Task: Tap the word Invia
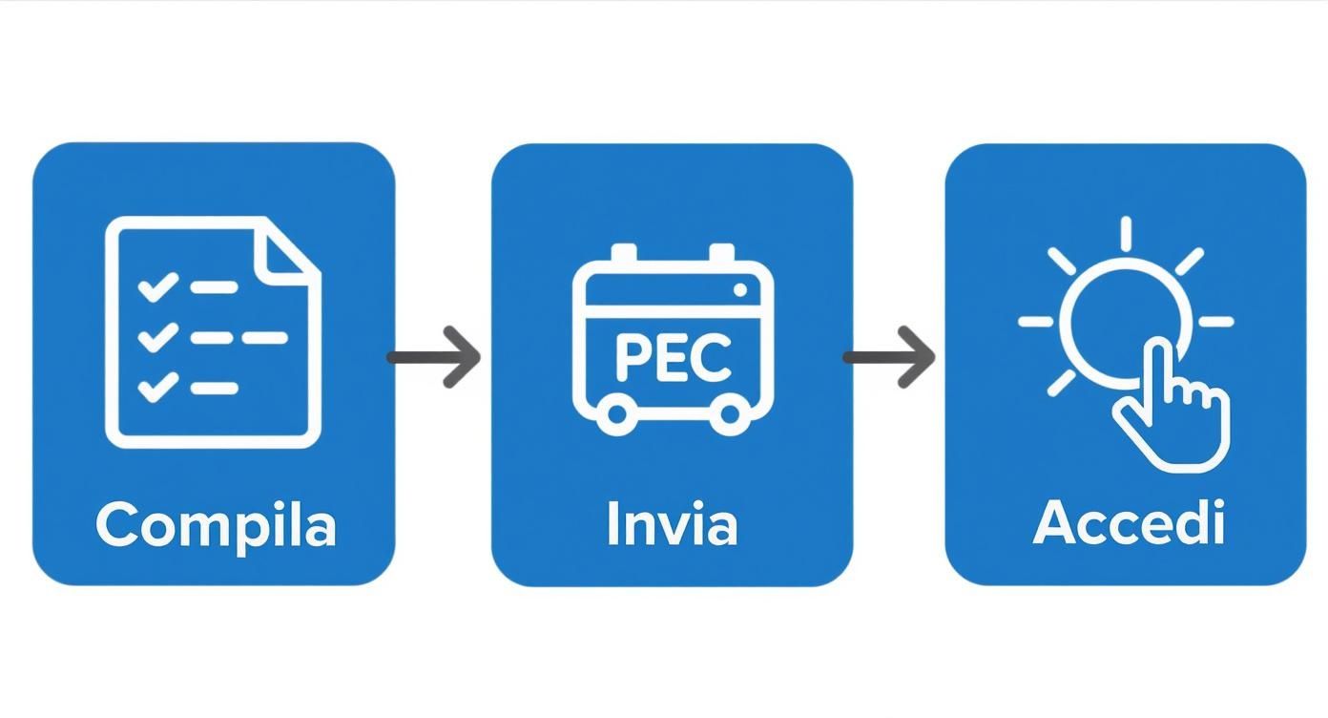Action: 672,525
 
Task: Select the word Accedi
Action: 1128,524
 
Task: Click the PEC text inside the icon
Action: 673,358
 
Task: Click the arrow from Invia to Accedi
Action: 889,357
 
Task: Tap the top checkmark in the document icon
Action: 157,286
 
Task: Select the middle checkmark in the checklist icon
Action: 157,337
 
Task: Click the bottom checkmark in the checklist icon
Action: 157,388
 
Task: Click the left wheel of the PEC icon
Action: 616,413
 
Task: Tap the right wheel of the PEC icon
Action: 730,413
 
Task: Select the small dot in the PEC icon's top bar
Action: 740,289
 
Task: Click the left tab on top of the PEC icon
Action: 623,253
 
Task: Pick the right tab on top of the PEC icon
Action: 722,253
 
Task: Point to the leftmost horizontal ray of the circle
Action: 1035,322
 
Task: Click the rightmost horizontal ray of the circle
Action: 1215,322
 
